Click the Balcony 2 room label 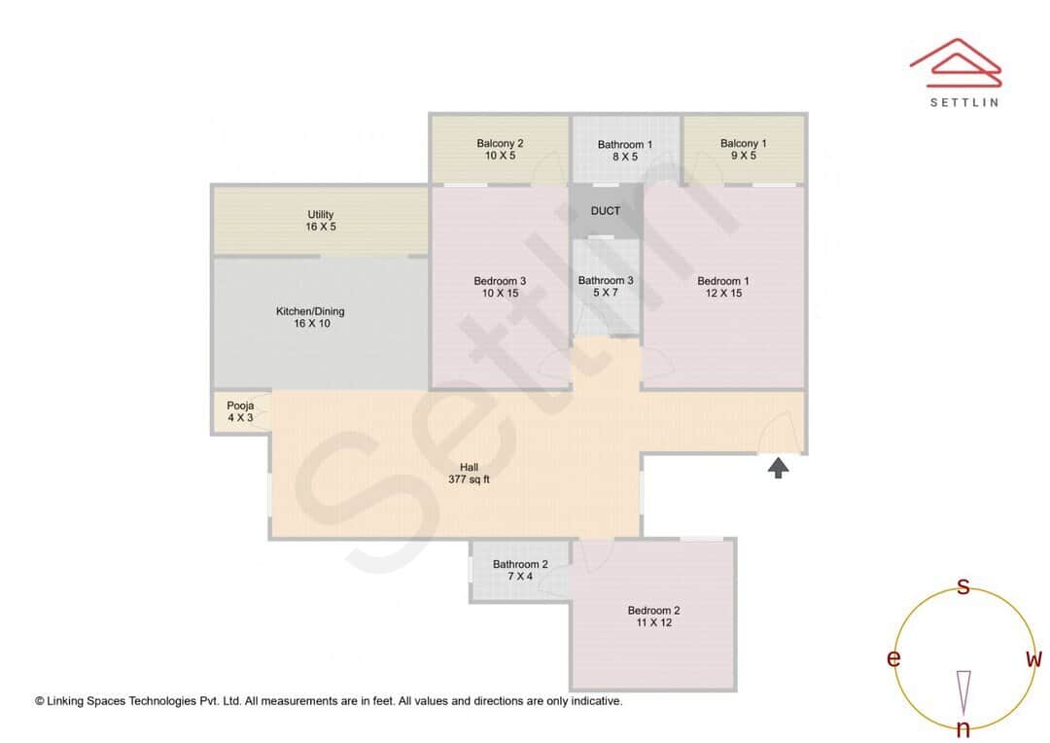[x=500, y=143]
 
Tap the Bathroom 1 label [x=624, y=145]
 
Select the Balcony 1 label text [x=744, y=144]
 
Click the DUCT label [x=605, y=211]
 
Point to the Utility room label [x=321, y=215]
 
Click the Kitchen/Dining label [x=310, y=312]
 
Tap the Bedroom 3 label [x=500, y=281]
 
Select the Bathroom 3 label [x=606, y=281]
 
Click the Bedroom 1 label [x=723, y=281]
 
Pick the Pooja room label [x=240, y=406]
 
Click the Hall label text [x=469, y=468]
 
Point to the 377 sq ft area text [x=469, y=480]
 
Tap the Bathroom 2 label [x=520, y=564]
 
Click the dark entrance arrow [x=778, y=469]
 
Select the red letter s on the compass [x=963, y=586]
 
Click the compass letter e [x=892, y=659]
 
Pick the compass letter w [x=1034, y=659]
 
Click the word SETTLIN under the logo [x=963, y=101]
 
